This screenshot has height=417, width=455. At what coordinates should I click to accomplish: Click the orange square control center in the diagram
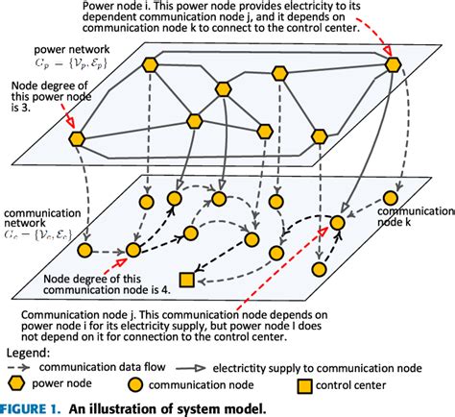point(187,280)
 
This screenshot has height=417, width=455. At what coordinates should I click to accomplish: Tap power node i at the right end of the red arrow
point(394,65)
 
